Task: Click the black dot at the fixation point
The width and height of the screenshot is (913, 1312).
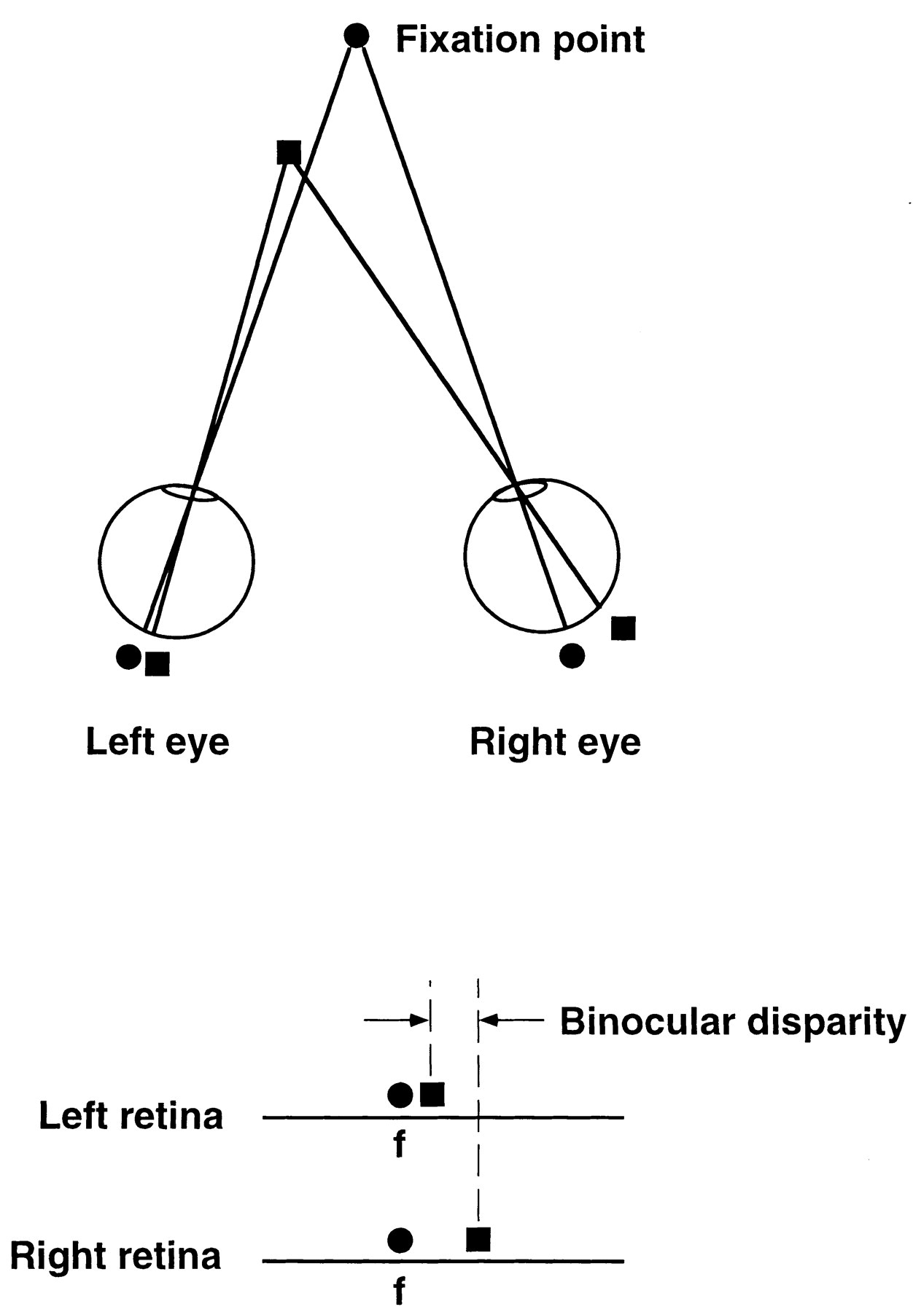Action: click(x=356, y=35)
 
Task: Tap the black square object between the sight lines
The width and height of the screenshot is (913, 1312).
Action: click(x=289, y=152)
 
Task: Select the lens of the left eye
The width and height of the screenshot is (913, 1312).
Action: click(x=190, y=493)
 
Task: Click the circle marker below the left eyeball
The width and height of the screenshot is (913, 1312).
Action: click(x=128, y=657)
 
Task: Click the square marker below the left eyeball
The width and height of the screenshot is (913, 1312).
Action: click(x=158, y=663)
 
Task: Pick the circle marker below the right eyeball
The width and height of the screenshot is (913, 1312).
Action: click(x=572, y=656)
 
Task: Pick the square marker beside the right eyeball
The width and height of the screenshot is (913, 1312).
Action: click(x=623, y=628)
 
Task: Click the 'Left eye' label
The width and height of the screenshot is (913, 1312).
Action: click(x=158, y=742)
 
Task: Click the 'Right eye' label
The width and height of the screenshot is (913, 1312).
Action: click(x=555, y=743)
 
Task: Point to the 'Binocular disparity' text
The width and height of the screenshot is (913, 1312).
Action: click(x=732, y=1022)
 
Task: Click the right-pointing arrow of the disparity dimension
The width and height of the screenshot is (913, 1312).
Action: click(x=397, y=1020)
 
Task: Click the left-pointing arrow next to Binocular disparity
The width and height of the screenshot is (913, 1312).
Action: click(x=510, y=1020)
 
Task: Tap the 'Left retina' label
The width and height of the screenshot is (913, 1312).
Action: click(x=131, y=1116)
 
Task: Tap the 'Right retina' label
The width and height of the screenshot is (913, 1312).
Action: click(x=115, y=1257)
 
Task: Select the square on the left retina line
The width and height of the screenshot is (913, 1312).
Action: click(x=432, y=1094)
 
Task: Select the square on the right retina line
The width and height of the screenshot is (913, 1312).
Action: click(x=478, y=1238)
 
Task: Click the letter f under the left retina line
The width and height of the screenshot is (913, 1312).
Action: click(x=399, y=1145)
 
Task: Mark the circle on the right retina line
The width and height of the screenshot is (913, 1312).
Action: click(x=400, y=1239)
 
